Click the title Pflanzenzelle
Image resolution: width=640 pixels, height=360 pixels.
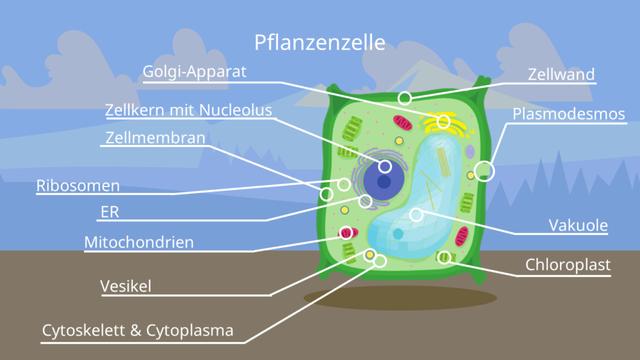[319, 43]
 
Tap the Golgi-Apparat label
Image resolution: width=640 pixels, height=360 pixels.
[194, 72]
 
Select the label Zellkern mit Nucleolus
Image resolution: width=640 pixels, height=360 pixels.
[188, 110]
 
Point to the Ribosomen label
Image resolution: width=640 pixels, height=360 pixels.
[78, 185]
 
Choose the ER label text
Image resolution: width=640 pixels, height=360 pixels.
[110, 212]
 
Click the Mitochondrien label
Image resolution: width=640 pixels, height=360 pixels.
[139, 241]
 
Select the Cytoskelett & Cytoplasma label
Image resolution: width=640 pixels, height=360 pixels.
[137, 329]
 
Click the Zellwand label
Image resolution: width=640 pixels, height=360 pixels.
[562, 74]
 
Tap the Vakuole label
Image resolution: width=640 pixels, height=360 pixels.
[578, 225]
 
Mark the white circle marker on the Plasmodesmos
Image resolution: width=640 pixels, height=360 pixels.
[485, 170]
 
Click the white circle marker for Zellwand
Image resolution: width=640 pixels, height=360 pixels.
[404, 98]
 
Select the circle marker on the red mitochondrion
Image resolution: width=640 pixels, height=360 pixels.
[347, 233]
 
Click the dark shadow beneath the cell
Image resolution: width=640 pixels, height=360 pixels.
[400, 297]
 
